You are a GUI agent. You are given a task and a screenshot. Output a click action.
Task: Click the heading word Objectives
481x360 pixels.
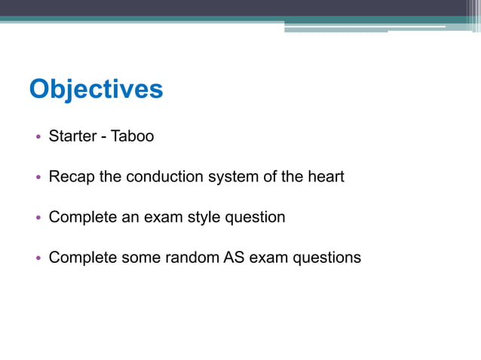(x=96, y=89)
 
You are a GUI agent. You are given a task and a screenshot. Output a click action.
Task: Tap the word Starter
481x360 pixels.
(x=74, y=136)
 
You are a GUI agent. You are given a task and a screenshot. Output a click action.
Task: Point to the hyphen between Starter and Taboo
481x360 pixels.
(x=104, y=137)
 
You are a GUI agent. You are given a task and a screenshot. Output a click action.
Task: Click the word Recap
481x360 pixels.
(x=71, y=177)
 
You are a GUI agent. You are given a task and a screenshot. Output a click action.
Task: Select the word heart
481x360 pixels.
(x=326, y=177)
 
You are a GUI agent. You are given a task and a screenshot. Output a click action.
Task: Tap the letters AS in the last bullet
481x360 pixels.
(x=233, y=258)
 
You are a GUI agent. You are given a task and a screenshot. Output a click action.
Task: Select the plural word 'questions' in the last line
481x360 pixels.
(x=323, y=258)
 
